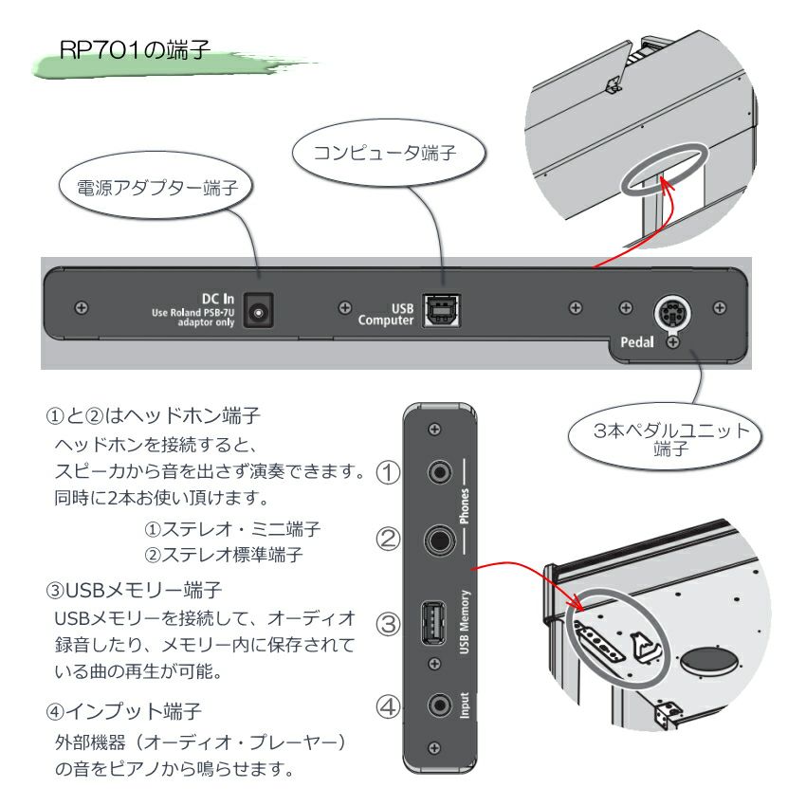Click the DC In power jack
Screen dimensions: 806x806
tap(255, 311)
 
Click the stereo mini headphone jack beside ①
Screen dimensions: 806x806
tap(439, 471)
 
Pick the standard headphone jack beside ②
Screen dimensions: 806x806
tap(439, 540)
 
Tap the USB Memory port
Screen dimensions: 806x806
tap(434, 625)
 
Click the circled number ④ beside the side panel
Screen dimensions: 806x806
tap(389, 707)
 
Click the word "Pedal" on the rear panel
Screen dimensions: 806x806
tap(637, 342)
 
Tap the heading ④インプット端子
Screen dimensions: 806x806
tap(125, 709)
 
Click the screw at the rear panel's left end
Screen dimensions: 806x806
tap(81, 308)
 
